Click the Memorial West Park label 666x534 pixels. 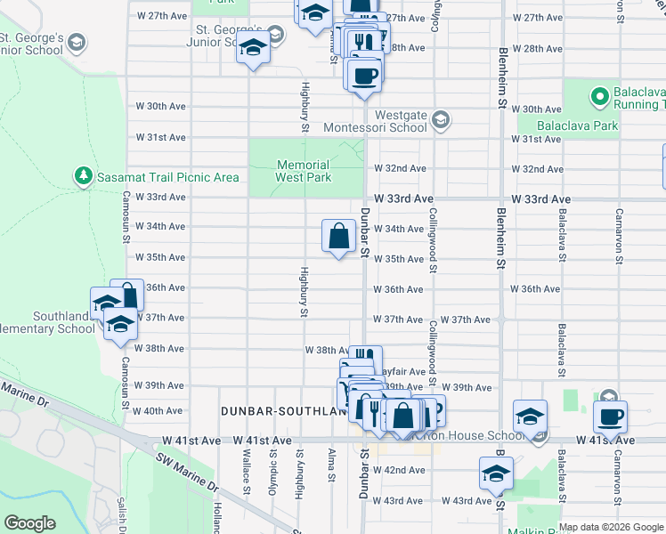coord(304,171)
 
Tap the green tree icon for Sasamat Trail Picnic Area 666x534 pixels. coord(84,176)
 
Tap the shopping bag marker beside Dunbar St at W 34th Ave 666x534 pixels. coord(339,238)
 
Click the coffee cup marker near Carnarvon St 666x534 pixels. coord(610,417)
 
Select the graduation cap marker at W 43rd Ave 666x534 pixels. coord(496,473)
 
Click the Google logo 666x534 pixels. coord(29,523)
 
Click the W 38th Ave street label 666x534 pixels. coord(325,351)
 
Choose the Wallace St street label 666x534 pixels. coord(246,471)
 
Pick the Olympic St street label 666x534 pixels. coord(273,471)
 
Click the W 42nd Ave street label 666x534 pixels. coord(399,469)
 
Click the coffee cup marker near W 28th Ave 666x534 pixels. coord(363,74)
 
